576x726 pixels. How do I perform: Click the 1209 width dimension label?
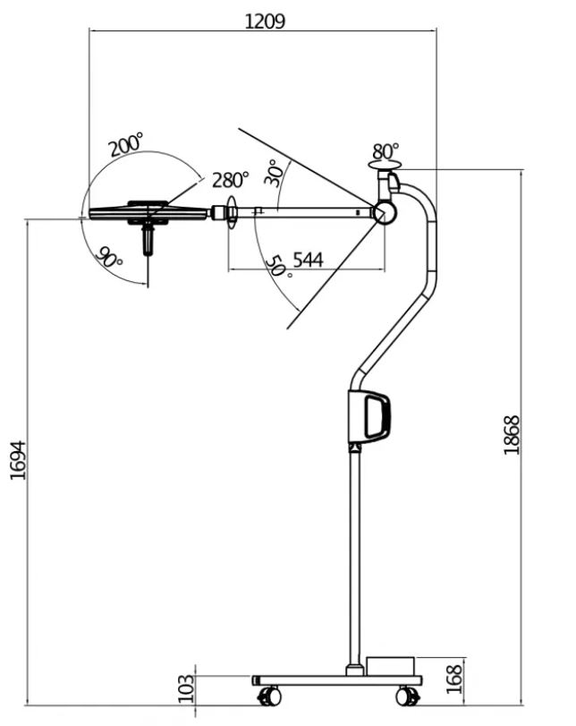[x=265, y=20]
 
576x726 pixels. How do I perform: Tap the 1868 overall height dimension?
[x=512, y=435]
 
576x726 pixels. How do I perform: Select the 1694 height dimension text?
[x=18, y=459]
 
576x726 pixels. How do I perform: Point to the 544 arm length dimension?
[x=308, y=260]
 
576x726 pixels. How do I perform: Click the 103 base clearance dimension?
[x=186, y=688]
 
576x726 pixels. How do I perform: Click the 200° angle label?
[x=126, y=144]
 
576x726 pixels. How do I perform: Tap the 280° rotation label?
[x=231, y=179]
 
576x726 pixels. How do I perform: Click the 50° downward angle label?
[x=278, y=266]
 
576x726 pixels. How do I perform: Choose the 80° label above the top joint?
[x=386, y=150]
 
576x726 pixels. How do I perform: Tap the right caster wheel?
[x=408, y=696]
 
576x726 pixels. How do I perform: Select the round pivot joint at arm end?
[x=385, y=212]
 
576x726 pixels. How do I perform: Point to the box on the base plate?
[x=390, y=667]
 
